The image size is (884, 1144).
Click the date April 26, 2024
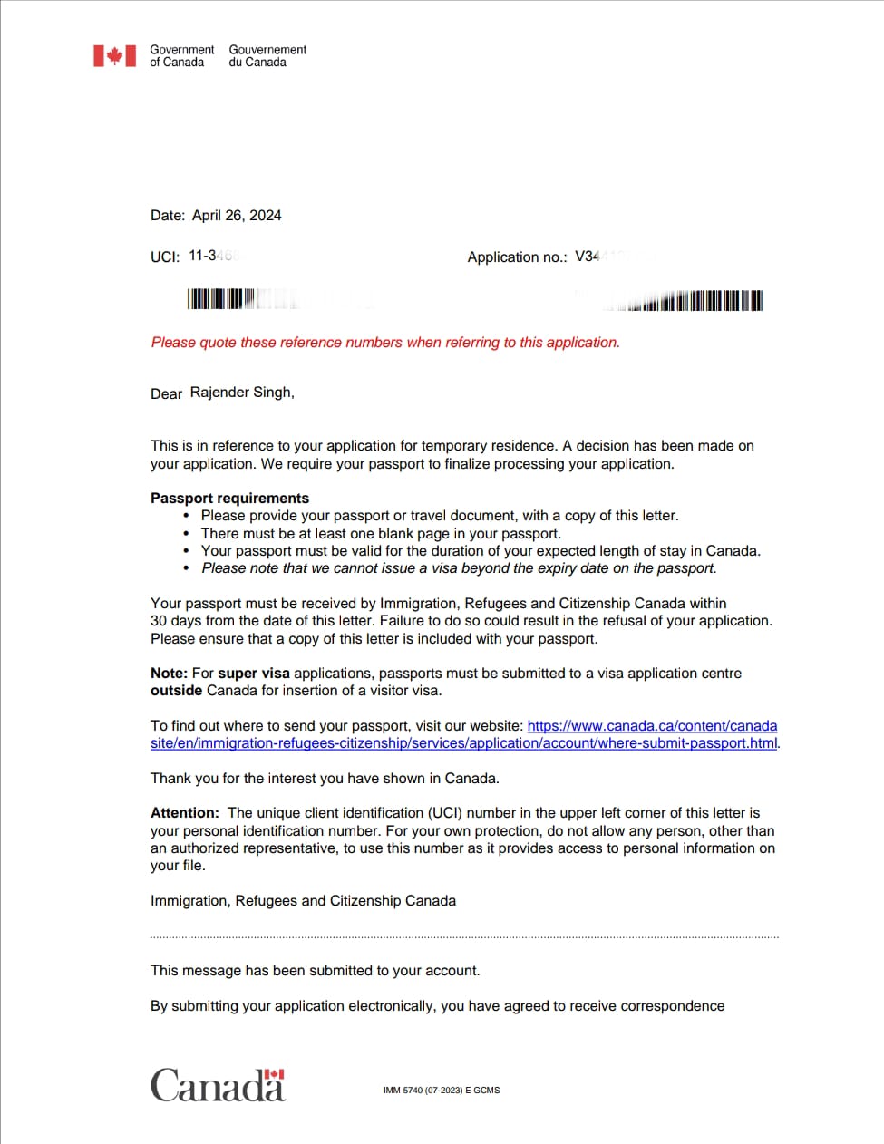237,216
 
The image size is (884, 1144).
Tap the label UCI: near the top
165,257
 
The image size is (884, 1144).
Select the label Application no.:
517,257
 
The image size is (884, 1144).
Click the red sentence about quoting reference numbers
385,343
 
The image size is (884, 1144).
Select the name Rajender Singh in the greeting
241,393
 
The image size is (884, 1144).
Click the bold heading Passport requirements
229,498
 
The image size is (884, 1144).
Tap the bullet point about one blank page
381,534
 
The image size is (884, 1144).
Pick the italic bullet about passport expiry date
459,568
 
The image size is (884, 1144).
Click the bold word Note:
169,674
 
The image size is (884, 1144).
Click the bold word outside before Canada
176,691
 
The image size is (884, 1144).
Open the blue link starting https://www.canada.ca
651,726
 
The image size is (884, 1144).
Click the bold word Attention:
185,813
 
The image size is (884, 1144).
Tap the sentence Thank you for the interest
325,779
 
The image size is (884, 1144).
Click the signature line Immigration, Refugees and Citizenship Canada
303,901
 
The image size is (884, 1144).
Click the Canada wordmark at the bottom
218,1085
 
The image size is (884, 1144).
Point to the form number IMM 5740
441,1091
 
